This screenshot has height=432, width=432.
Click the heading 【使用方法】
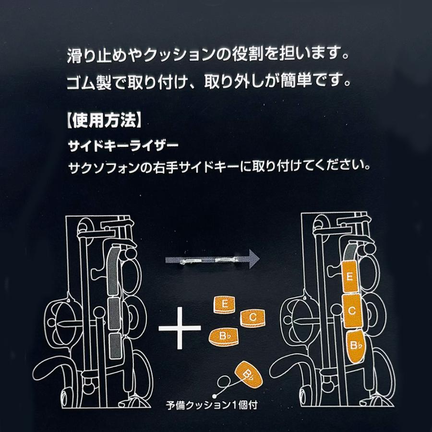coord(104,121)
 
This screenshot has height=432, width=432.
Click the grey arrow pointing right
coord(212,259)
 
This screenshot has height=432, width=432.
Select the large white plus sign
coord(180,328)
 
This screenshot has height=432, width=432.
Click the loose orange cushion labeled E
coord(225,305)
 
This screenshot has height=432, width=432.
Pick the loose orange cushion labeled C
coord(252,318)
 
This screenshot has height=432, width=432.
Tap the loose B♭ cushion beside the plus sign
coord(223,336)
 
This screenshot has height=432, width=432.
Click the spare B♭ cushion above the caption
coord(248,374)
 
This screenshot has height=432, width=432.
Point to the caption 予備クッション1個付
coord(212,405)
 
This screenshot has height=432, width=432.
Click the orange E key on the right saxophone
coord(350,276)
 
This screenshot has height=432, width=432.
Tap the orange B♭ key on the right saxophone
coord(356,347)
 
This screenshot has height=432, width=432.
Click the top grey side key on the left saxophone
coord(113,271)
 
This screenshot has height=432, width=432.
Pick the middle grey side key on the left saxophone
coord(114,313)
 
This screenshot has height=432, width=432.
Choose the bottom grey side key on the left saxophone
coord(115,346)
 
